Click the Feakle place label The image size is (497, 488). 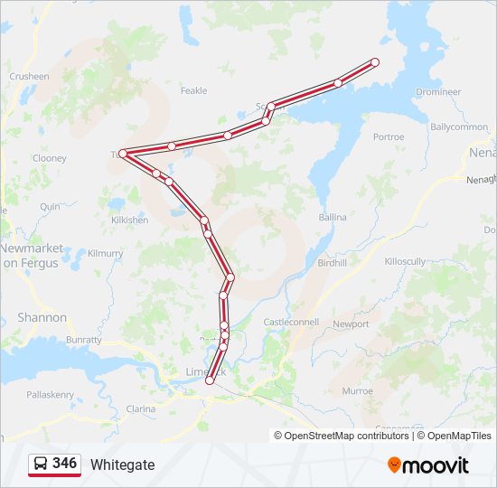193,90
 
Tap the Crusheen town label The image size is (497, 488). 29,77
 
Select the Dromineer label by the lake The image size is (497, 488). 438,92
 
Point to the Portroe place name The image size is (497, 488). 389,137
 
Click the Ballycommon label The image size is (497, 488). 459,127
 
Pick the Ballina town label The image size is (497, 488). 333,218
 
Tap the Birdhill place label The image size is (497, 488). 333,263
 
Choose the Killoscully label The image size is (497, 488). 405,261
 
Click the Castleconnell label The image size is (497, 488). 291,323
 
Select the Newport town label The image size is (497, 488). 351,324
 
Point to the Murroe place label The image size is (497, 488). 357,391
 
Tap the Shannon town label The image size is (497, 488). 42,318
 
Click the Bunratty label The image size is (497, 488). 83,340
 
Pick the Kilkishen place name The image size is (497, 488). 129,221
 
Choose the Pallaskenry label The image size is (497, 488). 50,395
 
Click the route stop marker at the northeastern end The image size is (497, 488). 375,62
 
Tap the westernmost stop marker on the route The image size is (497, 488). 123,154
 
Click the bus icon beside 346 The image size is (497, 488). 41,465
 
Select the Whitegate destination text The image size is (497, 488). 123,465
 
